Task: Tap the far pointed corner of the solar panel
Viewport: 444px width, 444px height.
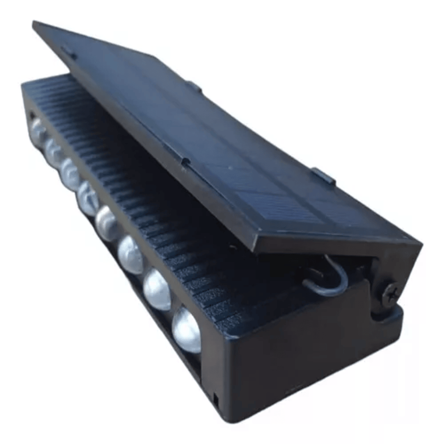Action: coord(34,24)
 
